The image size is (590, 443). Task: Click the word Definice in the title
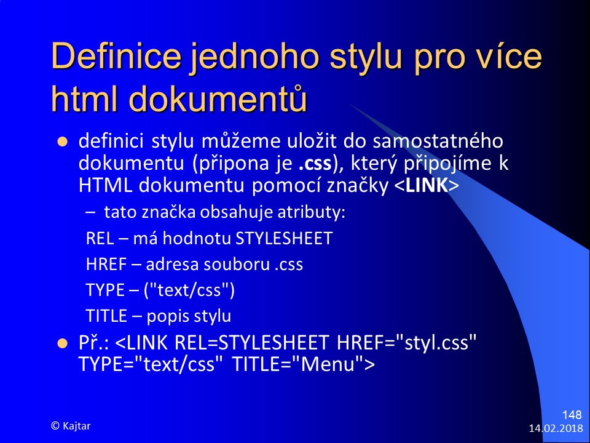116,57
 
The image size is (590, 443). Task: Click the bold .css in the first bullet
315,164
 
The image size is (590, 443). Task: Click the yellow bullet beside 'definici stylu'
63,142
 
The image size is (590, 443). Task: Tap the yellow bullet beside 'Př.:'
63,343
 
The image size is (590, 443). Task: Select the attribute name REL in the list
100,239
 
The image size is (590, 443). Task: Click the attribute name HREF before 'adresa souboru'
106,264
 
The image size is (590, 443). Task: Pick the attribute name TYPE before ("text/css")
105,290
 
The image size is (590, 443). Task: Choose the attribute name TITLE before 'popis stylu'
106,316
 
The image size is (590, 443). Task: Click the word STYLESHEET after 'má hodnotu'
284,239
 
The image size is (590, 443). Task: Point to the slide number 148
572,415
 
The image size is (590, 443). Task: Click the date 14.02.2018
556,429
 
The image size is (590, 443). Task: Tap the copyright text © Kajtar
71,426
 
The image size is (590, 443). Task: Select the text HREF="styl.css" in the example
406,343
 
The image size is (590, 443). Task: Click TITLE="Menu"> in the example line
304,364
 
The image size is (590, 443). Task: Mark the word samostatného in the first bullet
438,142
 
